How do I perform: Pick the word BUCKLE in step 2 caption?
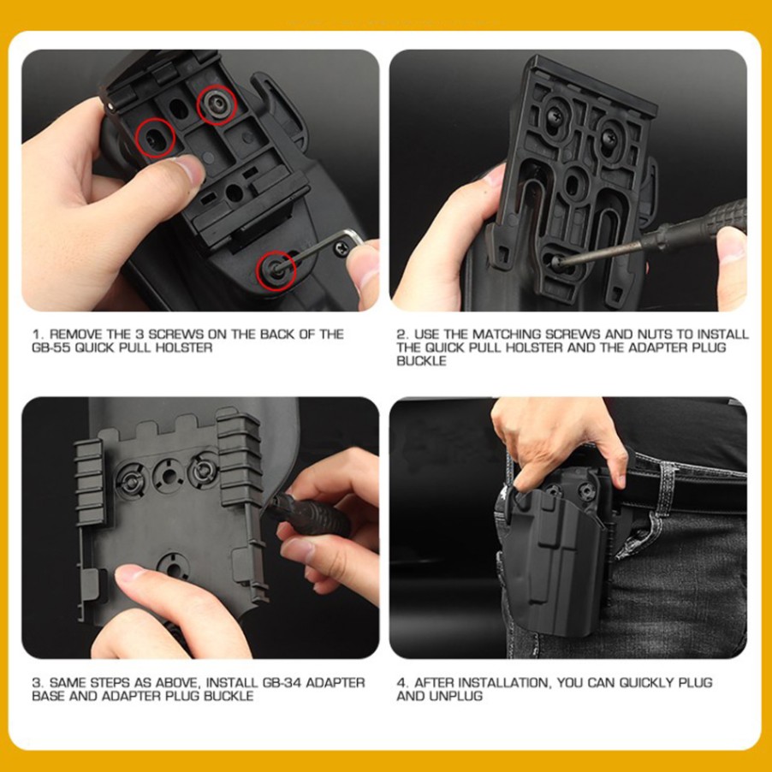tap(421, 361)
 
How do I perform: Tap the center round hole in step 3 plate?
tap(169, 476)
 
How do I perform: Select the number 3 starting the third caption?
tap(36, 683)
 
